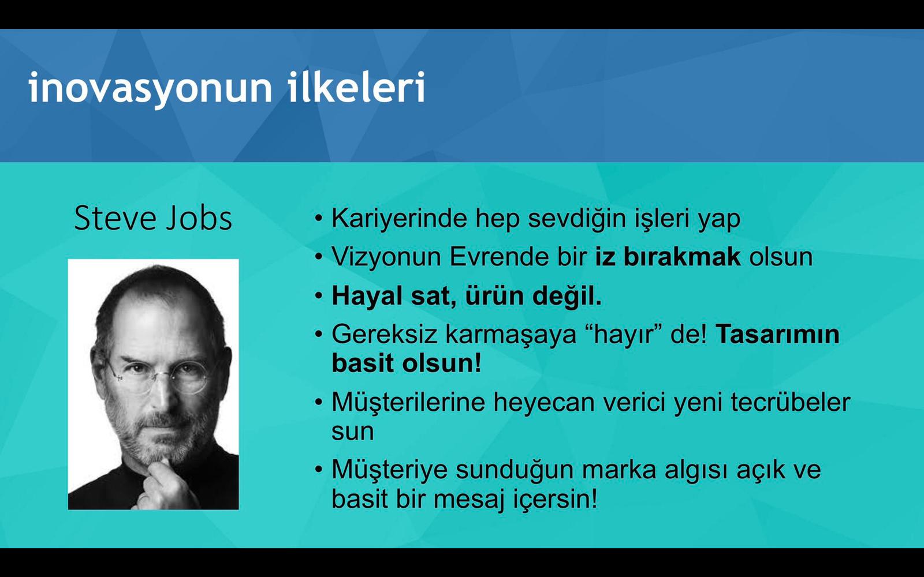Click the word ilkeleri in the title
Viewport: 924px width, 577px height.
click(356, 86)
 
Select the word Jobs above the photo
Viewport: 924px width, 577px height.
click(199, 218)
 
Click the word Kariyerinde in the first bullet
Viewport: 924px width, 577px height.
click(399, 219)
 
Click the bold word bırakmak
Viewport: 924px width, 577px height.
click(682, 257)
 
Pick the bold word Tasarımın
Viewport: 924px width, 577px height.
click(777, 334)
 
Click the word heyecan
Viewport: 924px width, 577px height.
click(543, 403)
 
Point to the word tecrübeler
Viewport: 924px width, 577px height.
click(791, 402)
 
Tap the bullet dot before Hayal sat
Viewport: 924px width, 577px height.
click(318, 297)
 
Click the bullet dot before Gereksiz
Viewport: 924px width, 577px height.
click(318, 334)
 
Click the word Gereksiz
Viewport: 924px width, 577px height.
click(385, 335)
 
